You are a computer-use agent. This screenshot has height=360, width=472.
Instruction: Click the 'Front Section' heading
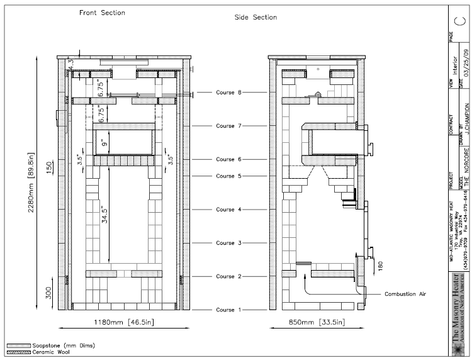(x=102, y=13)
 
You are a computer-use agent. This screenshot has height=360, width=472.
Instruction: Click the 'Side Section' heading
(x=256, y=18)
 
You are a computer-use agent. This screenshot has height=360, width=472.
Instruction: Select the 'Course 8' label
(x=225, y=93)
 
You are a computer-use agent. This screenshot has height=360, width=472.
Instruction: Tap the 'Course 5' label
(x=225, y=176)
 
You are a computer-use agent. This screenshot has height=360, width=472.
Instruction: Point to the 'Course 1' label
(x=225, y=310)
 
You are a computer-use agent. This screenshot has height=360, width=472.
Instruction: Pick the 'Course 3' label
(x=225, y=243)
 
